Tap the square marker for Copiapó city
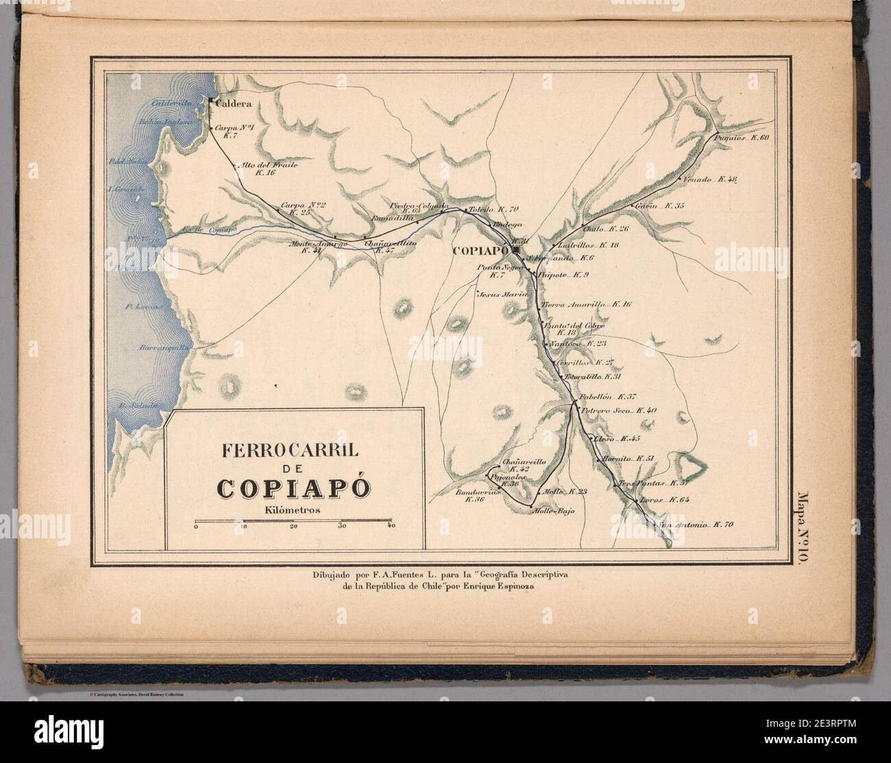515,250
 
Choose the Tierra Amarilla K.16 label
587,303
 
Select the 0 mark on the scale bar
196,527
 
